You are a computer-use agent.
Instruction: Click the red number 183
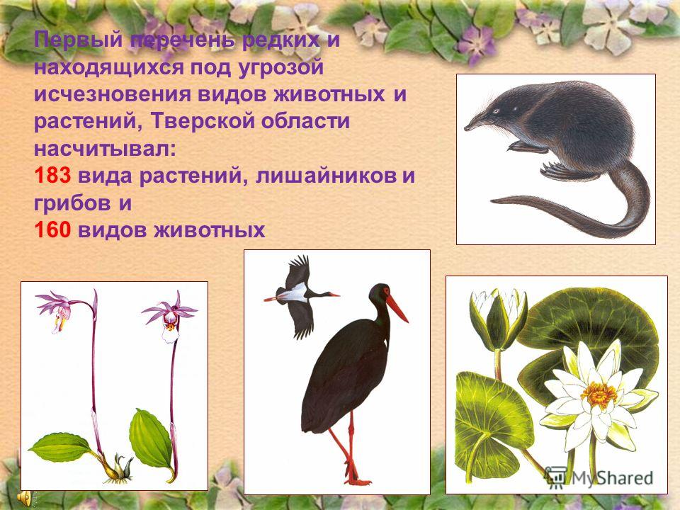click(x=52, y=176)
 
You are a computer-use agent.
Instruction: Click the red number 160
click(x=52, y=229)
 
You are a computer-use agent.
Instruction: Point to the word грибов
click(x=72, y=203)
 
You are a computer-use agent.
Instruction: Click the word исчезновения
click(x=113, y=94)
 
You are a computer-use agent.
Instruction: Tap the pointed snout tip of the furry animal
click(x=467, y=128)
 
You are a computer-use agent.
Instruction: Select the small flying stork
click(x=299, y=296)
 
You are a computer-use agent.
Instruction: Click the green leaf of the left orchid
click(x=61, y=447)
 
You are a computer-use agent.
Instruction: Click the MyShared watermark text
click(x=612, y=477)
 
